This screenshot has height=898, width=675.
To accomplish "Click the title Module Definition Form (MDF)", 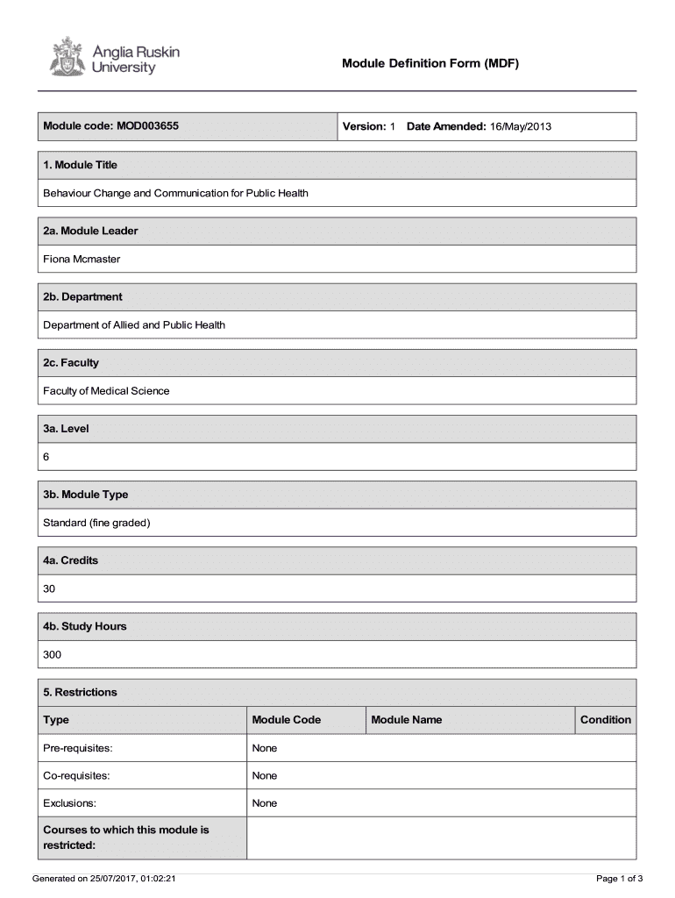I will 430,63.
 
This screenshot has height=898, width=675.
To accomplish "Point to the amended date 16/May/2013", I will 520,126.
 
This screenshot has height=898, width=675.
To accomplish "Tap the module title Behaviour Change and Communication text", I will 175,193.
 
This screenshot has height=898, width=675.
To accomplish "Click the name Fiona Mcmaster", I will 82,259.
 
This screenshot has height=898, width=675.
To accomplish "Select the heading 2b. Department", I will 82,296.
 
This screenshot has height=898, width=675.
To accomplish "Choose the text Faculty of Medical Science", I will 106,390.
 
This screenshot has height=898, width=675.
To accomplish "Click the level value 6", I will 47,457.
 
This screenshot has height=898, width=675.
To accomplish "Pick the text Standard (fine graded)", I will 96,523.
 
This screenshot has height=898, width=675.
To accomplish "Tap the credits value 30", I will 50,588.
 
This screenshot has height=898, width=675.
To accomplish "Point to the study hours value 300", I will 53,654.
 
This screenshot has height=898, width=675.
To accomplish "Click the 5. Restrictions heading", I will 80,692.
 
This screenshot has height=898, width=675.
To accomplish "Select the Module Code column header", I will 286,720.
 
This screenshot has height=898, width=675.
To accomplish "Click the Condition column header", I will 605,720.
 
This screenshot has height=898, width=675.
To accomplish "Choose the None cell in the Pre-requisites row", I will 264,748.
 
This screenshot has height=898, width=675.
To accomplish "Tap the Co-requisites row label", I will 75,775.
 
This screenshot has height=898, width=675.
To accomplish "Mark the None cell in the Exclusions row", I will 264,803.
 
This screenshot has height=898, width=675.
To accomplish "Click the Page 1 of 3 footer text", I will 620,878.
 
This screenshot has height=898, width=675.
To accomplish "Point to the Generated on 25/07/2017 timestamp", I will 103,878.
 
